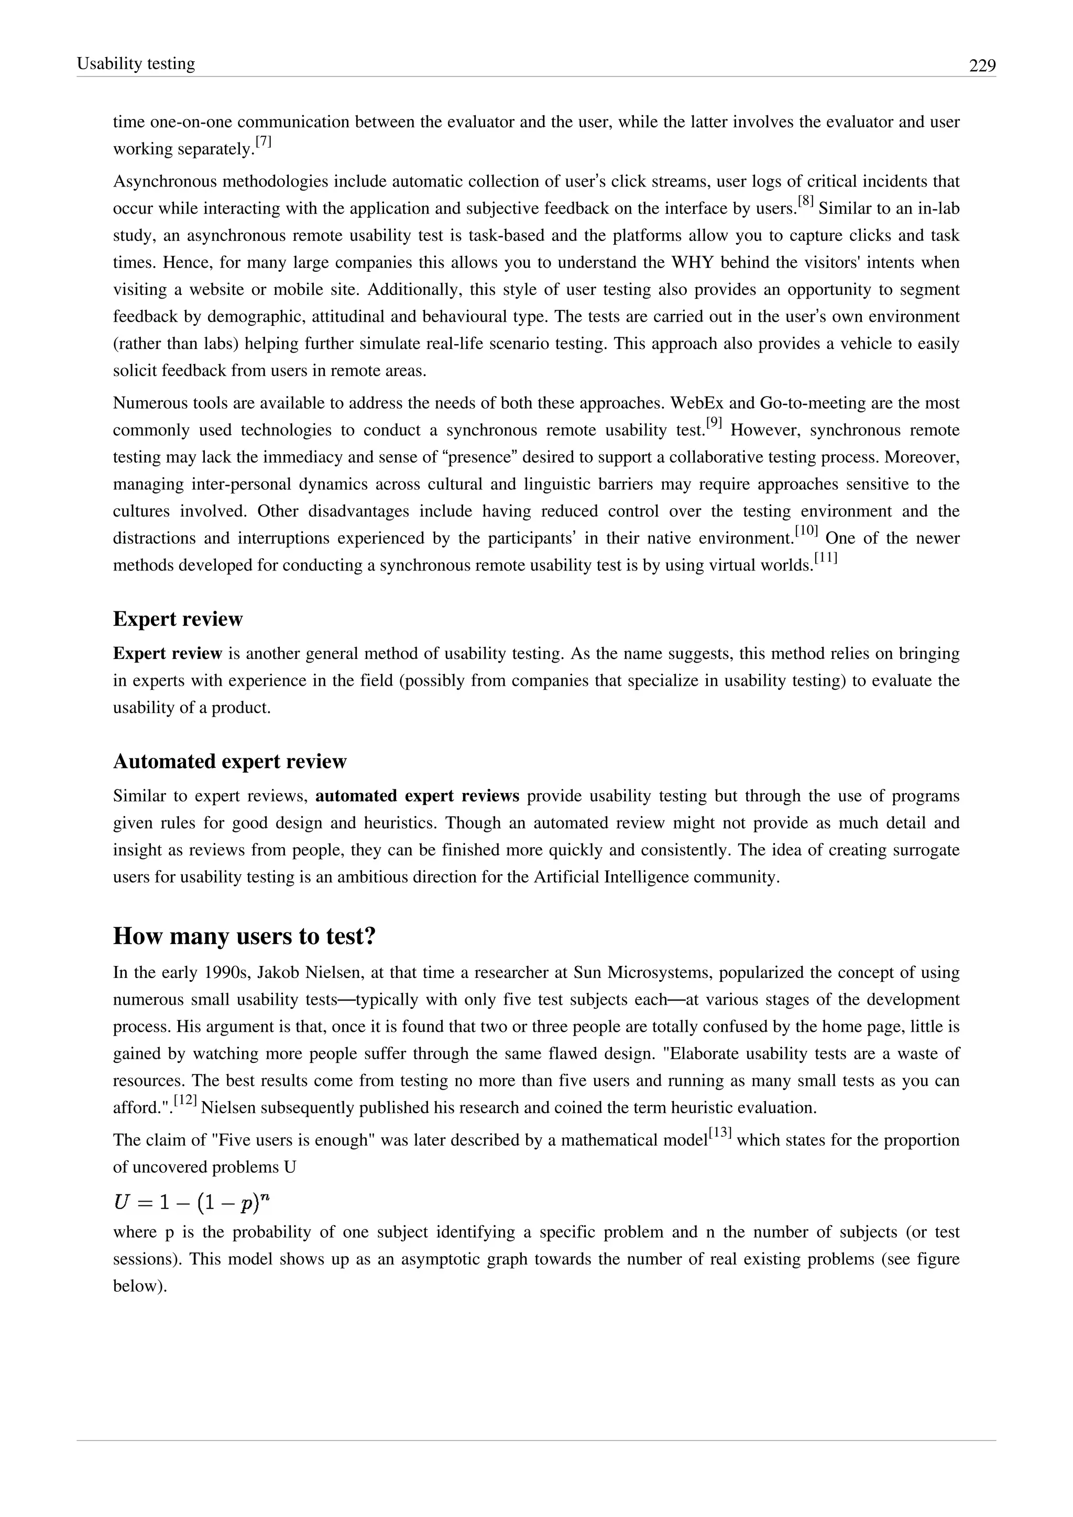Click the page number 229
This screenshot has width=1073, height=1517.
(x=982, y=65)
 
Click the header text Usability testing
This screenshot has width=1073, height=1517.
(x=136, y=63)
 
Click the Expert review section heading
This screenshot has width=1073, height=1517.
(x=178, y=619)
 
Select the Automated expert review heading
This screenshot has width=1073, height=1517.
(x=229, y=761)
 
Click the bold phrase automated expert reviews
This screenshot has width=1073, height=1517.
(x=417, y=796)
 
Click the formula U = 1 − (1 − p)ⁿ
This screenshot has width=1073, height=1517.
(x=192, y=1203)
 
